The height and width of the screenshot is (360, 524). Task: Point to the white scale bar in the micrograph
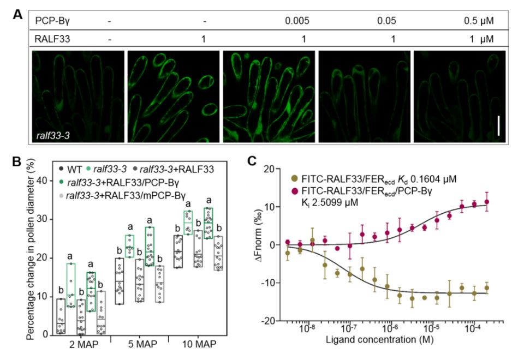(498, 129)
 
